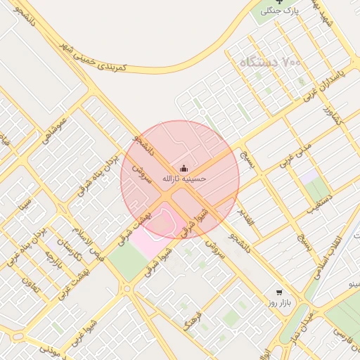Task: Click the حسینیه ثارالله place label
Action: pos(184,179)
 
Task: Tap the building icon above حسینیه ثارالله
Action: pos(184,168)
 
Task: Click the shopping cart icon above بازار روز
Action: pos(280,292)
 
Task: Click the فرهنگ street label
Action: pos(192,320)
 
